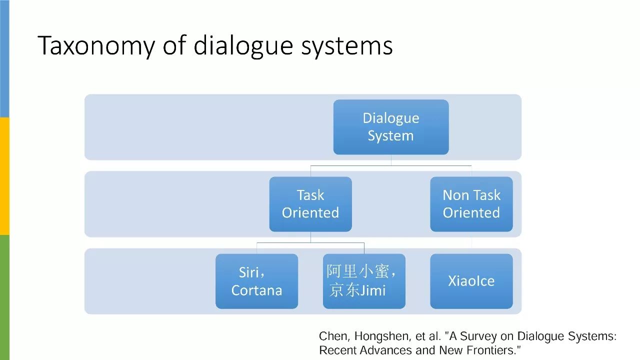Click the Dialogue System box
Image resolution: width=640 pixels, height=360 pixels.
coord(390,127)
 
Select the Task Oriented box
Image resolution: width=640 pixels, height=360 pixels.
coord(310,204)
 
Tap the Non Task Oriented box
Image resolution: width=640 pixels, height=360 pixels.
coord(471,204)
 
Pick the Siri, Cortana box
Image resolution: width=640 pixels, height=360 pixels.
coord(256,281)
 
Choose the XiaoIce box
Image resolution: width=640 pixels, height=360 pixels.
coord(471,281)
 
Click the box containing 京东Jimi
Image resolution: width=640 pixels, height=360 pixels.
coord(364,281)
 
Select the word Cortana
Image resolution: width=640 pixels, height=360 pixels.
coord(256,290)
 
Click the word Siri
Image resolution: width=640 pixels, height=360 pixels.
coord(249,272)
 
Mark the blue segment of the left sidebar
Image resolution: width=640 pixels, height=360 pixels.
coord(4,58)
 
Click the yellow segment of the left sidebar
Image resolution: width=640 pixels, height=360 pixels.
coord(4,176)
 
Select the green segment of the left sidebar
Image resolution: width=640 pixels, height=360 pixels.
coord(4,297)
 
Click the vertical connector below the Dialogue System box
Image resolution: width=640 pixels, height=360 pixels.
coord(391,159)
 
